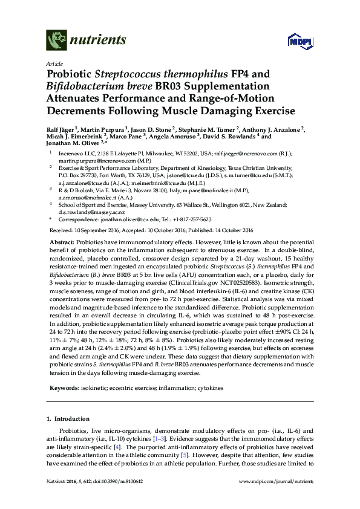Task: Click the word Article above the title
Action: point(54,63)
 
